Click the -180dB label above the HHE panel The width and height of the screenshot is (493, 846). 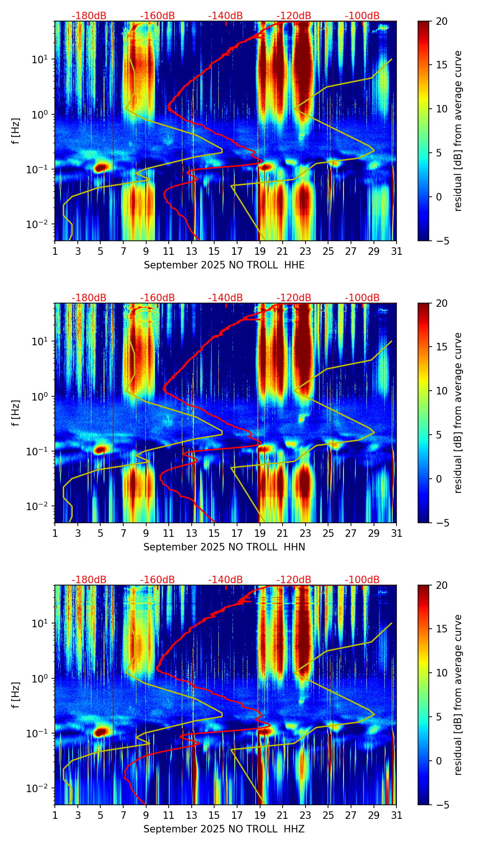(89, 16)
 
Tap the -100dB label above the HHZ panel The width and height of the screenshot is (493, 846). (362, 580)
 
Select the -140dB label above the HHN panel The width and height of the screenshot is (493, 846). (225, 298)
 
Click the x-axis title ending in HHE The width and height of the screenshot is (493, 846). (224, 265)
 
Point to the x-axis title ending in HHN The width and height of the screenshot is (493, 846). (224, 547)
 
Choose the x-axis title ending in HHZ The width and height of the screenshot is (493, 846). (224, 829)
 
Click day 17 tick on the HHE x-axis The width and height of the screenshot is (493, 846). (237, 251)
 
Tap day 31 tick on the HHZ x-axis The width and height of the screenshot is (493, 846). (396, 815)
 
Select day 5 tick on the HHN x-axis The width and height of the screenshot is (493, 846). (100, 533)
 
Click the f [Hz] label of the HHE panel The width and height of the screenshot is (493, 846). (16, 131)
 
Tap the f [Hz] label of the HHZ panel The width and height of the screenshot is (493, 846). (16, 695)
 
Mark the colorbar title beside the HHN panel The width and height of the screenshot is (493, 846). (458, 413)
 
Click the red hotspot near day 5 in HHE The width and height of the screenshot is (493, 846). (102, 167)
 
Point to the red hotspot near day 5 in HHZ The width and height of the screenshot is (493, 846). (101, 731)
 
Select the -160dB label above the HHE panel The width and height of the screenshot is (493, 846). (157, 16)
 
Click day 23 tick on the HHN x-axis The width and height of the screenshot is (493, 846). (306, 533)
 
